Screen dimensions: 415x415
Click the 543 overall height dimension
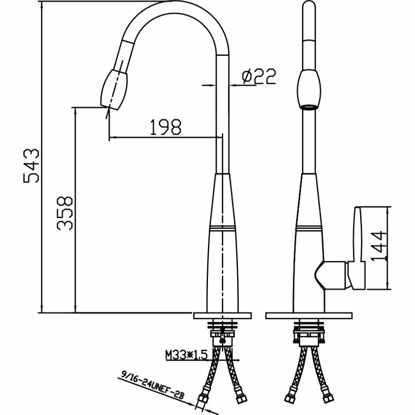pos(33,166)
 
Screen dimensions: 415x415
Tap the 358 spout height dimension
pos(65,213)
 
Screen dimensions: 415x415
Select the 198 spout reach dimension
pos(165,127)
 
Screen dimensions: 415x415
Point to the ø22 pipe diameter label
pos(258,77)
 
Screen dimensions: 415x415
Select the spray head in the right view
pos(307,89)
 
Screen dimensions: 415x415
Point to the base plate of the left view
pos(223,316)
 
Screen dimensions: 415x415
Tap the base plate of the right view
pos(307,316)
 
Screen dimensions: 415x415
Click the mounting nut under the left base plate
pos(223,334)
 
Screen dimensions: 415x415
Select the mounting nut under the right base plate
pos(307,334)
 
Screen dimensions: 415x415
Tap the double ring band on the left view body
pos(223,228)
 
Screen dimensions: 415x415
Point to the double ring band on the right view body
pos(307,228)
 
